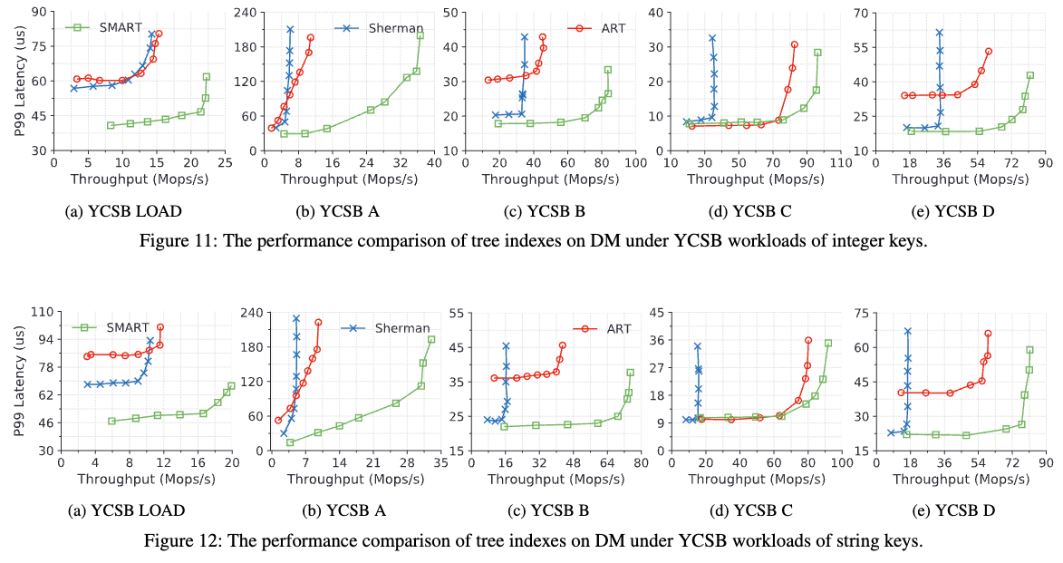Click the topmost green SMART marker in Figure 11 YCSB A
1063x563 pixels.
(420, 35)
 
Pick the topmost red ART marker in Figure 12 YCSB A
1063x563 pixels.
(318, 323)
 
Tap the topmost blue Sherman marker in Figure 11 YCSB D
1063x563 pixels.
(939, 33)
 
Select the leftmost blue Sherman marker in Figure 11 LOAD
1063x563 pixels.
(74, 88)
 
